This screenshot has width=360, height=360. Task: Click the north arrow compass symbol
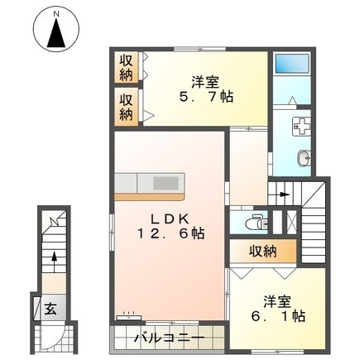pos(56,31)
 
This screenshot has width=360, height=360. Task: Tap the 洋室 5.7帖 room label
pos(206,89)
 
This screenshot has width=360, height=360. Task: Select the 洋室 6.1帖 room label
pos(277,309)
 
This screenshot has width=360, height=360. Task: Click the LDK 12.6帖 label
pos(170,227)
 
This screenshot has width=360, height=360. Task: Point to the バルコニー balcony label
pos(169,338)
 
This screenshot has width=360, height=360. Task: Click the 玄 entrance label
pos(50,309)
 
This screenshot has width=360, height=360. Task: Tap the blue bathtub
pos(292,64)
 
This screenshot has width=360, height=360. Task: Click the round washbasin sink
pos(304,159)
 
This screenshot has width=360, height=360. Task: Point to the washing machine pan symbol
pos(301,126)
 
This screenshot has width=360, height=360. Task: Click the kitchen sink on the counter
pos(166,183)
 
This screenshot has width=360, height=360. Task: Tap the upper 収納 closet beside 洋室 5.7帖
pos(126,67)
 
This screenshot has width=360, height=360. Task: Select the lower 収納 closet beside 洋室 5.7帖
pos(126,108)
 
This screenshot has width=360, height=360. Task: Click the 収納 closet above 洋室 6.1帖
pos(263,251)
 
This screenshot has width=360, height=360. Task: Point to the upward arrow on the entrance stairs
pos(55,261)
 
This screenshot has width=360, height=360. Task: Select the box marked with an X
pos(291,222)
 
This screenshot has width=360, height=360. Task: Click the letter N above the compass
pos(56,13)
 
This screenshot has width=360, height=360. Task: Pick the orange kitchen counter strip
pos(149,197)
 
